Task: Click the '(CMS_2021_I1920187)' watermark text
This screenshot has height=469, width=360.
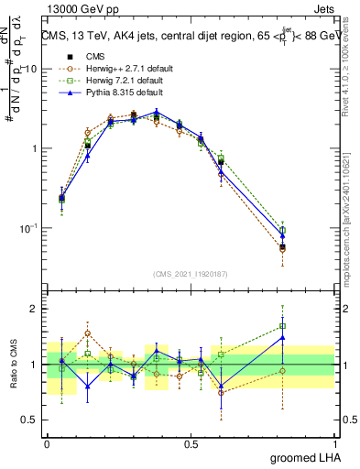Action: tap(190, 274)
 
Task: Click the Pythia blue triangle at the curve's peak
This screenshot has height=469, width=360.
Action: tap(157, 112)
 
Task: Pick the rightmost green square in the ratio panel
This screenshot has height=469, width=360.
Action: tap(282, 326)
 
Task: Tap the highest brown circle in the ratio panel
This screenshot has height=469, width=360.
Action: tap(88, 333)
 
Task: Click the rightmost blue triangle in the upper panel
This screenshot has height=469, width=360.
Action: tap(282, 235)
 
